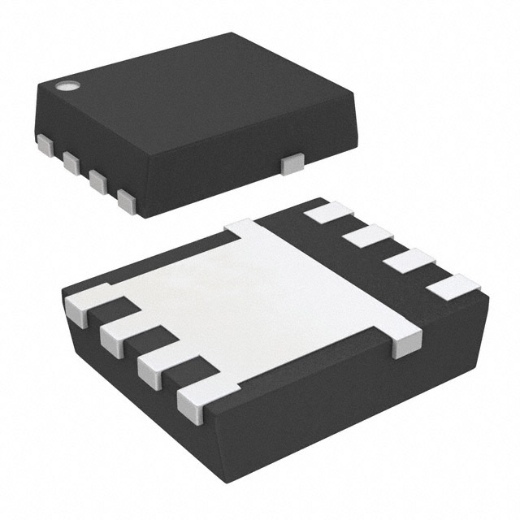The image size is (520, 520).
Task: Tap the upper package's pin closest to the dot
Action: pos(45,145)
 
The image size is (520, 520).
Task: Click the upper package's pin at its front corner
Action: pos(126,200)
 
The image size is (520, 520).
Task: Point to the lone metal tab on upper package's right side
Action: pos(290,165)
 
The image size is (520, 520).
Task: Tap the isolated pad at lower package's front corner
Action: pos(199,396)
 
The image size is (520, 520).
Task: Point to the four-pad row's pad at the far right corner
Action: pos(453,286)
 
